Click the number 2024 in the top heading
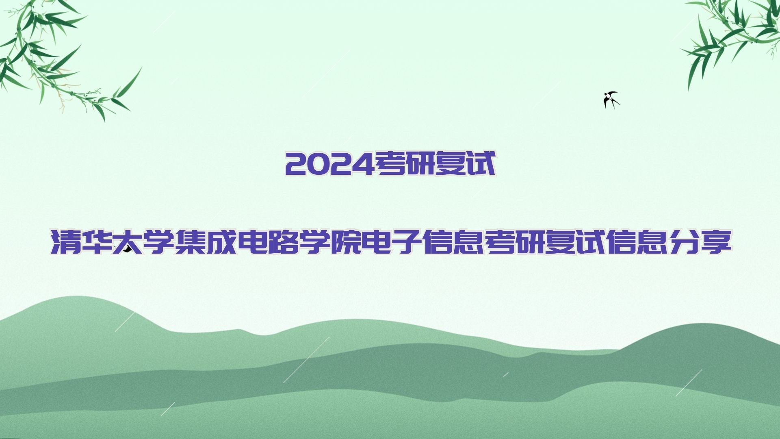click(x=329, y=164)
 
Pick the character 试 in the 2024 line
click(x=480, y=164)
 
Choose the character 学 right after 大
click(x=159, y=242)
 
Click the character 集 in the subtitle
click(x=190, y=242)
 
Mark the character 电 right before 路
click(x=252, y=242)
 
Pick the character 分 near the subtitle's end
click(x=685, y=242)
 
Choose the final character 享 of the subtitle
click(x=716, y=242)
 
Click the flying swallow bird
click(x=611, y=100)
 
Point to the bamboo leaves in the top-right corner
click(x=731, y=37)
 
